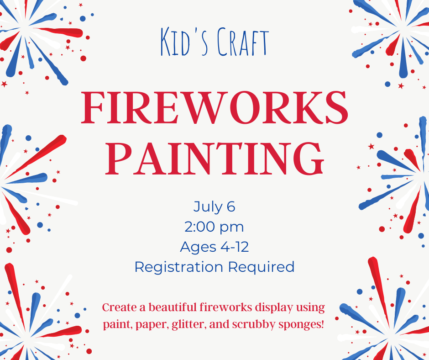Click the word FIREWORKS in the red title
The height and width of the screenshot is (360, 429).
(214, 107)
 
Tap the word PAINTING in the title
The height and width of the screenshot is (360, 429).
(215, 159)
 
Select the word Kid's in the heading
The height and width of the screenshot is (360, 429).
(185, 42)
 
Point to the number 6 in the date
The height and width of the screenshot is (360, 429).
(230, 206)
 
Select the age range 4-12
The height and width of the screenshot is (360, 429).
(235, 247)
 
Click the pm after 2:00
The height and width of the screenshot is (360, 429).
(231, 228)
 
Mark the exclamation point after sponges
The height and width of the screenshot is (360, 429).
(322, 324)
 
